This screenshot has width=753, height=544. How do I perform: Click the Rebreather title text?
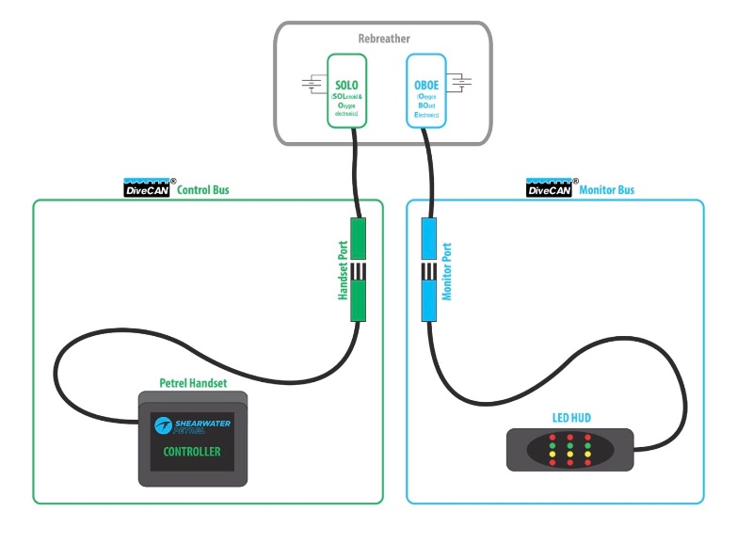click(x=384, y=39)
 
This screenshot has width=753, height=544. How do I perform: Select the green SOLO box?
click(x=346, y=91)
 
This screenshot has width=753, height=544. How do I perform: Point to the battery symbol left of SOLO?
click(x=312, y=86)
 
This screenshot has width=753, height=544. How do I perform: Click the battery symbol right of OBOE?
click(x=460, y=86)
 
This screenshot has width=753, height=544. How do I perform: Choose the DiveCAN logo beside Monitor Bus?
click(x=550, y=187)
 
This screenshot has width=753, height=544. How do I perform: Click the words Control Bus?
click(x=203, y=190)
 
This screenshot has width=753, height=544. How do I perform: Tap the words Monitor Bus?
click(x=607, y=190)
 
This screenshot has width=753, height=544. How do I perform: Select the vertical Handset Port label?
click(x=344, y=270)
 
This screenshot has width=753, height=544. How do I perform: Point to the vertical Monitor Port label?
click(x=448, y=270)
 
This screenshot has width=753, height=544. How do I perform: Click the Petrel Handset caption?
click(x=193, y=384)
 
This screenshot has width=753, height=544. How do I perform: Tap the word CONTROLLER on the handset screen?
click(x=192, y=452)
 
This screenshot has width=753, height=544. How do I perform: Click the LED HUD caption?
click(x=571, y=417)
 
